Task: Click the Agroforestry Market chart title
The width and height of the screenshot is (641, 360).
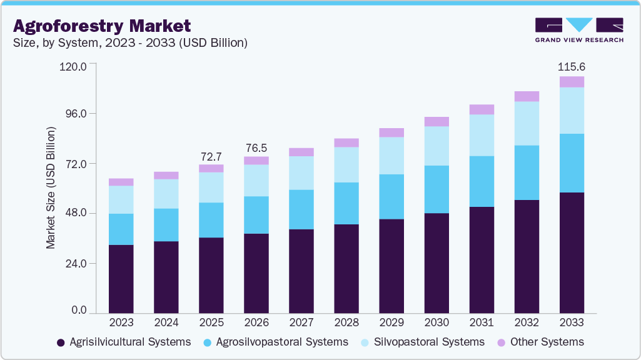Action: (102, 26)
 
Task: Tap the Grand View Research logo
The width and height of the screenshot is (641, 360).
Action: (579, 30)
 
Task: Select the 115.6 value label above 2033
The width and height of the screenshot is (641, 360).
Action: (572, 66)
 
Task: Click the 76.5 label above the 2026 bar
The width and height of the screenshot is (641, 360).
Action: (256, 147)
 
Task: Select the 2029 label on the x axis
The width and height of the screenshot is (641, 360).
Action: (391, 322)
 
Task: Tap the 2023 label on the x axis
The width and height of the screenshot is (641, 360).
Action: (121, 322)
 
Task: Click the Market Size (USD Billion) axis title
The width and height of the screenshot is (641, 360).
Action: (51, 187)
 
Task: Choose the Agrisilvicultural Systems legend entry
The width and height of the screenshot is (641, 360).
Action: (124, 342)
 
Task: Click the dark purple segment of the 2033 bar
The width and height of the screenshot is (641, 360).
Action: (572, 252)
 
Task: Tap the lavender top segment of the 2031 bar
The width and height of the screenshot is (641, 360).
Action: (482, 109)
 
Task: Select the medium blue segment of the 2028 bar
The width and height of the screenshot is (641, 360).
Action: (346, 203)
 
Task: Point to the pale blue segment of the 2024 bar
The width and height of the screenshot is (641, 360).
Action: (166, 194)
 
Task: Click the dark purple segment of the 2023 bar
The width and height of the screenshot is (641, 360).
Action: (121, 279)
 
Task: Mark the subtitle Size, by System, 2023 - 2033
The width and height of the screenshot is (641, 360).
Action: (130, 43)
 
